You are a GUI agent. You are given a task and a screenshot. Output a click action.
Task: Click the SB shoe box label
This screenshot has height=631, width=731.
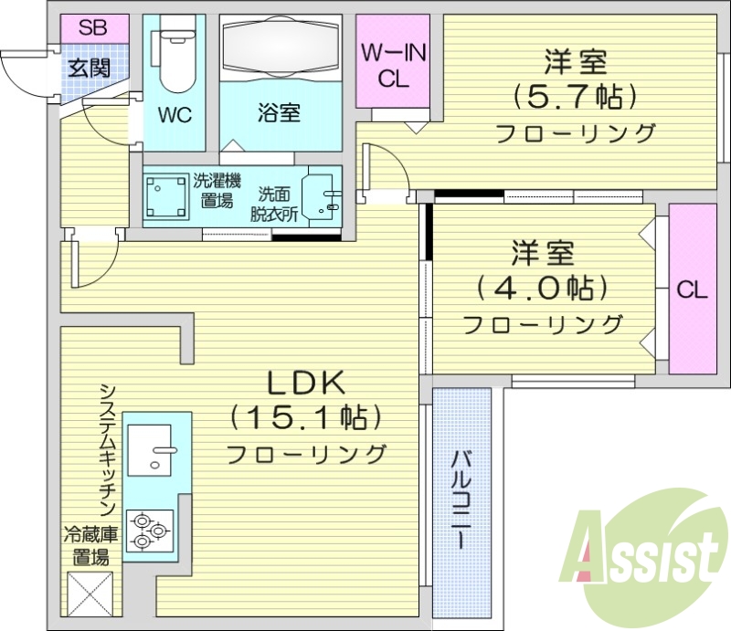point(91,27)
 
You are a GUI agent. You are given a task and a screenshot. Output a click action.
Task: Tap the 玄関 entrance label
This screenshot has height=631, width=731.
point(90,67)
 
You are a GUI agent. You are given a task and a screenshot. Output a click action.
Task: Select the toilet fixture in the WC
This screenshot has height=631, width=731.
point(175,59)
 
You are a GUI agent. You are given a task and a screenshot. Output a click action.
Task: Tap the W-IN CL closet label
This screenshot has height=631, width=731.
point(393,66)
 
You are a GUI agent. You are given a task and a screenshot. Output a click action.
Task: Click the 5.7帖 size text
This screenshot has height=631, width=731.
point(575,94)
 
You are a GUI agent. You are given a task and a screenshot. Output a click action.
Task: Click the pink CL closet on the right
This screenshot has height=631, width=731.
point(692,289)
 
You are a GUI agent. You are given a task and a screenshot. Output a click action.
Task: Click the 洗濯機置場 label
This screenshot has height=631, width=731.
point(216,191)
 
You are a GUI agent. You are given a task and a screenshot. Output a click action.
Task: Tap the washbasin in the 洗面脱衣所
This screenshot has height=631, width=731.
point(321,195)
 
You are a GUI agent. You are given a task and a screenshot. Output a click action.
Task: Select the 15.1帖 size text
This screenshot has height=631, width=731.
point(304,418)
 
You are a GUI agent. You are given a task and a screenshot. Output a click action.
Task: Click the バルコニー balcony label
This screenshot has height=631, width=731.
point(461,498)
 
